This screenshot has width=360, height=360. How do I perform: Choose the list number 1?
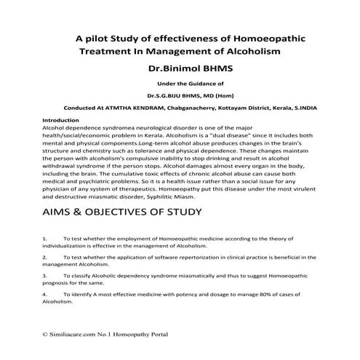tap(45, 239)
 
